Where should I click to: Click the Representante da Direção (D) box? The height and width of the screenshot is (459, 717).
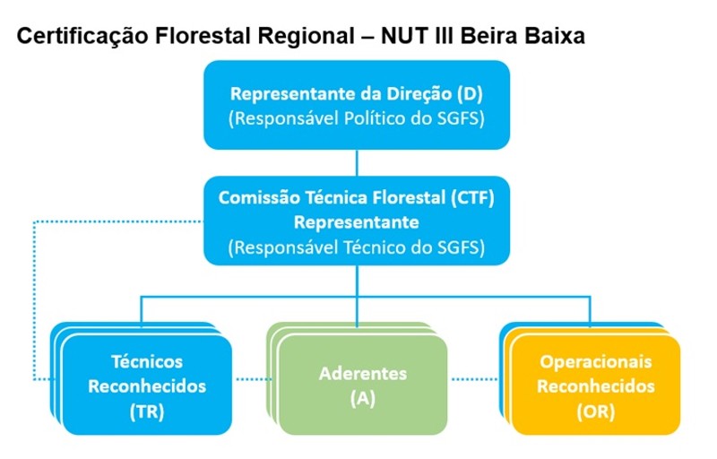click(x=357, y=104)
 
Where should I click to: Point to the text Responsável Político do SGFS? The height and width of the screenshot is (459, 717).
click(x=357, y=117)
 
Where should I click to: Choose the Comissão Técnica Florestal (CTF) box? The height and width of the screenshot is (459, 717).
click(x=357, y=220)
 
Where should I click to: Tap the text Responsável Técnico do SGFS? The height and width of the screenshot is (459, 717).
click(x=357, y=247)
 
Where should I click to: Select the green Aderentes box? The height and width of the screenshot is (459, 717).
click(x=363, y=385)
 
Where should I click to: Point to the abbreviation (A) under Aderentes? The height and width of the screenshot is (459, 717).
click(x=363, y=399)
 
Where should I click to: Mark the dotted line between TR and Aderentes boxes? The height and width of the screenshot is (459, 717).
click(x=253, y=379)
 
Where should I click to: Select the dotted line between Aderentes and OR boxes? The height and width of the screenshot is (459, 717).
click(x=475, y=379)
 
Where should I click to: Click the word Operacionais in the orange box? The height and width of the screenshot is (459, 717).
click(x=595, y=361)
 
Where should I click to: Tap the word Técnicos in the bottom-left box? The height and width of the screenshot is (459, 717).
click(x=147, y=361)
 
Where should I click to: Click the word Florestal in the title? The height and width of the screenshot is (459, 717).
click(x=201, y=37)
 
